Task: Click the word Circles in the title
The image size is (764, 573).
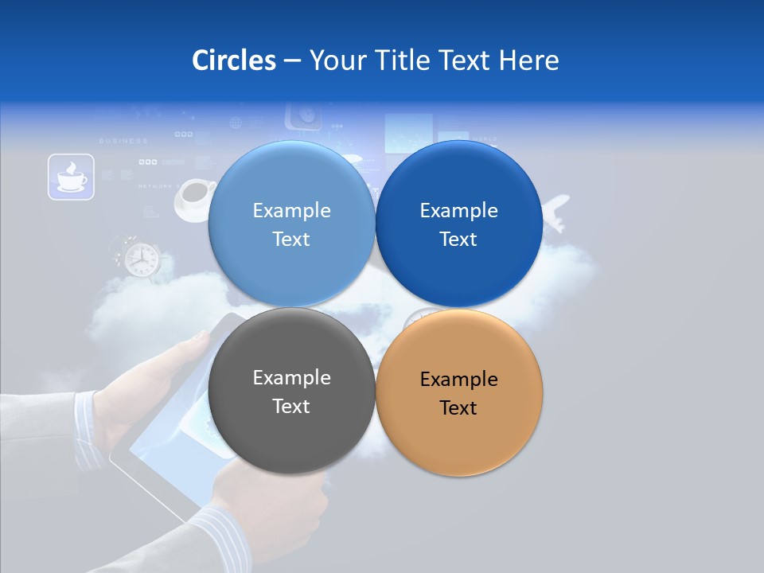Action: point(233,60)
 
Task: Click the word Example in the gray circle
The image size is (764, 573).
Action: point(291,378)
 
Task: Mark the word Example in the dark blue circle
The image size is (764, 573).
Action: point(458,211)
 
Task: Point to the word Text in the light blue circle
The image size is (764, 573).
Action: point(291,240)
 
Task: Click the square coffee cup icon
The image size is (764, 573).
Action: point(71,177)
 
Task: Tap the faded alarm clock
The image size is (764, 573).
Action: point(141,258)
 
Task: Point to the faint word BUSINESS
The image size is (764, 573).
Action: point(123,141)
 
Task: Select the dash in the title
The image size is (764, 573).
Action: point(292,60)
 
